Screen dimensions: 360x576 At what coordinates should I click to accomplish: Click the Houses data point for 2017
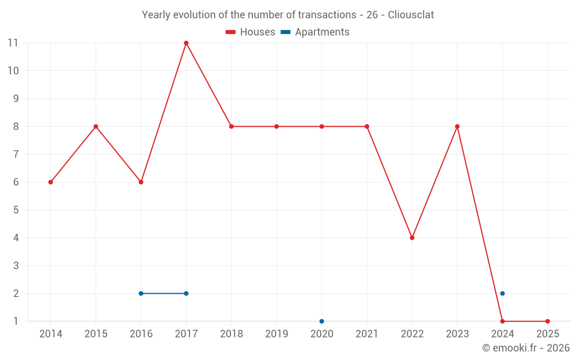coord(186,43)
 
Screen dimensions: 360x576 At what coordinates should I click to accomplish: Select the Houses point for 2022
coord(412,238)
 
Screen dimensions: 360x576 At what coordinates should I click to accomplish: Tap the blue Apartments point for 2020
coord(321,321)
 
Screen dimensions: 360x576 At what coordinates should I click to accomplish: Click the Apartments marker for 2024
coord(502,293)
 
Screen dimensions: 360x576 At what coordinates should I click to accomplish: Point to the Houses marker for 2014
coord(51,182)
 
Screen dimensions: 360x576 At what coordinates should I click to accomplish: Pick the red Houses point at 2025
coord(547,321)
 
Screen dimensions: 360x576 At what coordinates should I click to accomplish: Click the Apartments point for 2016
coord(141,293)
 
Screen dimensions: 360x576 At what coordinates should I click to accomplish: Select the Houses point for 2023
coord(457,127)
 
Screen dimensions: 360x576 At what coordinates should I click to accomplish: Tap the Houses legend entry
coord(251,32)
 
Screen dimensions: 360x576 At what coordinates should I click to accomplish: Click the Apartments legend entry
coord(315,32)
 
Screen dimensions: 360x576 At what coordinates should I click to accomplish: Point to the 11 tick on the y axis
coord(13,43)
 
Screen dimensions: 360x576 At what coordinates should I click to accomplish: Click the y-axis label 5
coord(16,210)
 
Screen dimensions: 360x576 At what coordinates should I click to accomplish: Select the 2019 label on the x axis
coord(276,334)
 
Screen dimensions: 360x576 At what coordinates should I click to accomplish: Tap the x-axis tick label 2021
coord(367,334)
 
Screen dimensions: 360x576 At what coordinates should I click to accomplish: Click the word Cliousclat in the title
coord(411,14)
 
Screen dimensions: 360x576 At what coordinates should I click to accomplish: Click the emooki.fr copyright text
coord(526,348)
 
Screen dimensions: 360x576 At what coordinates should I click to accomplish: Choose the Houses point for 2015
coord(96,127)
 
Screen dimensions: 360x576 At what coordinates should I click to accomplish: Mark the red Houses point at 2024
coord(502,321)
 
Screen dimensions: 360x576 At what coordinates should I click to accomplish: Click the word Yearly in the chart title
coord(157,14)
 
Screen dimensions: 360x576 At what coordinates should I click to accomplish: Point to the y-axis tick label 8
coord(16,126)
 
